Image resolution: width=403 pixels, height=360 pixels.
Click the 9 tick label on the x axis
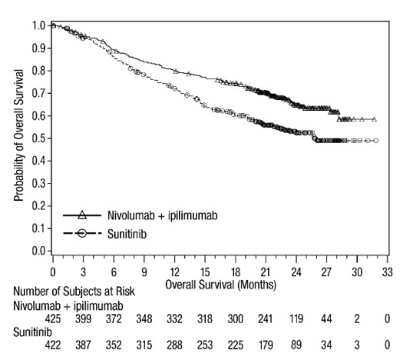point(144,272)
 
